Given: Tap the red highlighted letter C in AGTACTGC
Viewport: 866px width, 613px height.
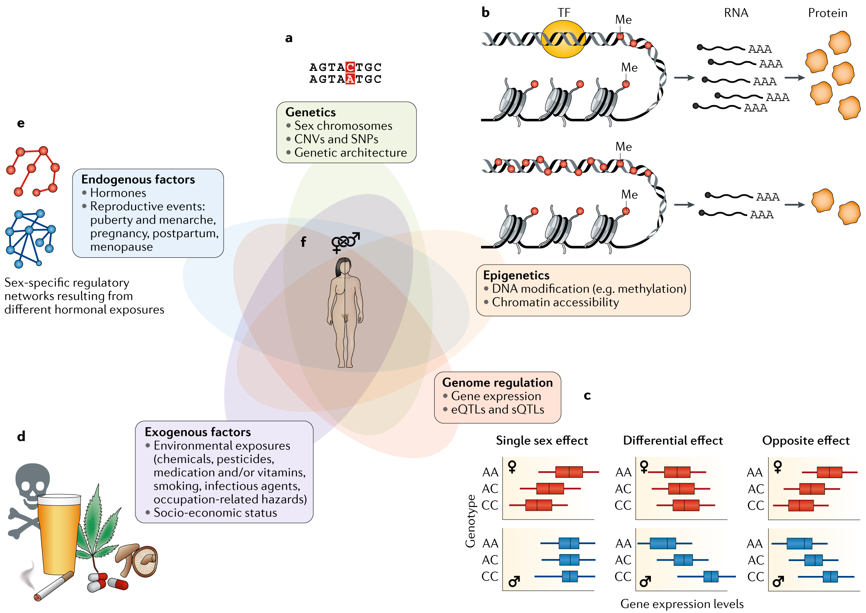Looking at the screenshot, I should (350, 67).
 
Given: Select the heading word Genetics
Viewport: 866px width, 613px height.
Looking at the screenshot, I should (310, 112).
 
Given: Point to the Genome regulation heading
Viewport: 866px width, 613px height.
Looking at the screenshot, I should (497, 382).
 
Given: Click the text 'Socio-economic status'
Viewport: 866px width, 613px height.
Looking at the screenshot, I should (215, 513).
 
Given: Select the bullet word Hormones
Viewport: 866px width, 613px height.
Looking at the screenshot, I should (118, 193).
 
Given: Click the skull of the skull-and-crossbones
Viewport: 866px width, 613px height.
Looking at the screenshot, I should (32, 481).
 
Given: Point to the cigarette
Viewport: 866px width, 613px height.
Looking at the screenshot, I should (54, 586).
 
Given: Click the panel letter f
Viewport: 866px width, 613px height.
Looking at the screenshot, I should (303, 242).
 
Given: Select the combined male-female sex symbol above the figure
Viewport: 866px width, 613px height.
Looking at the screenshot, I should (345, 242).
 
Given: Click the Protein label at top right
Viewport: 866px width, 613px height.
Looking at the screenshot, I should (827, 13).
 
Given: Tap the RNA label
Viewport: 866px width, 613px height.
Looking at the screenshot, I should (736, 13).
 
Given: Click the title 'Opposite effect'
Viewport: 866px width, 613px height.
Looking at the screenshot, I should (806, 441).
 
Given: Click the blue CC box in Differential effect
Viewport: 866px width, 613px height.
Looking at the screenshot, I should (711, 576).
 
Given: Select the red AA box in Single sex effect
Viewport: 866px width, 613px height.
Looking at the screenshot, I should (569, 472).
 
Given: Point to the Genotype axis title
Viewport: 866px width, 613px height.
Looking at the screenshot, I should (470, 521).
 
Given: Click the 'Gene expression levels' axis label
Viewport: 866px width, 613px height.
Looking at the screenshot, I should (682, 604).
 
